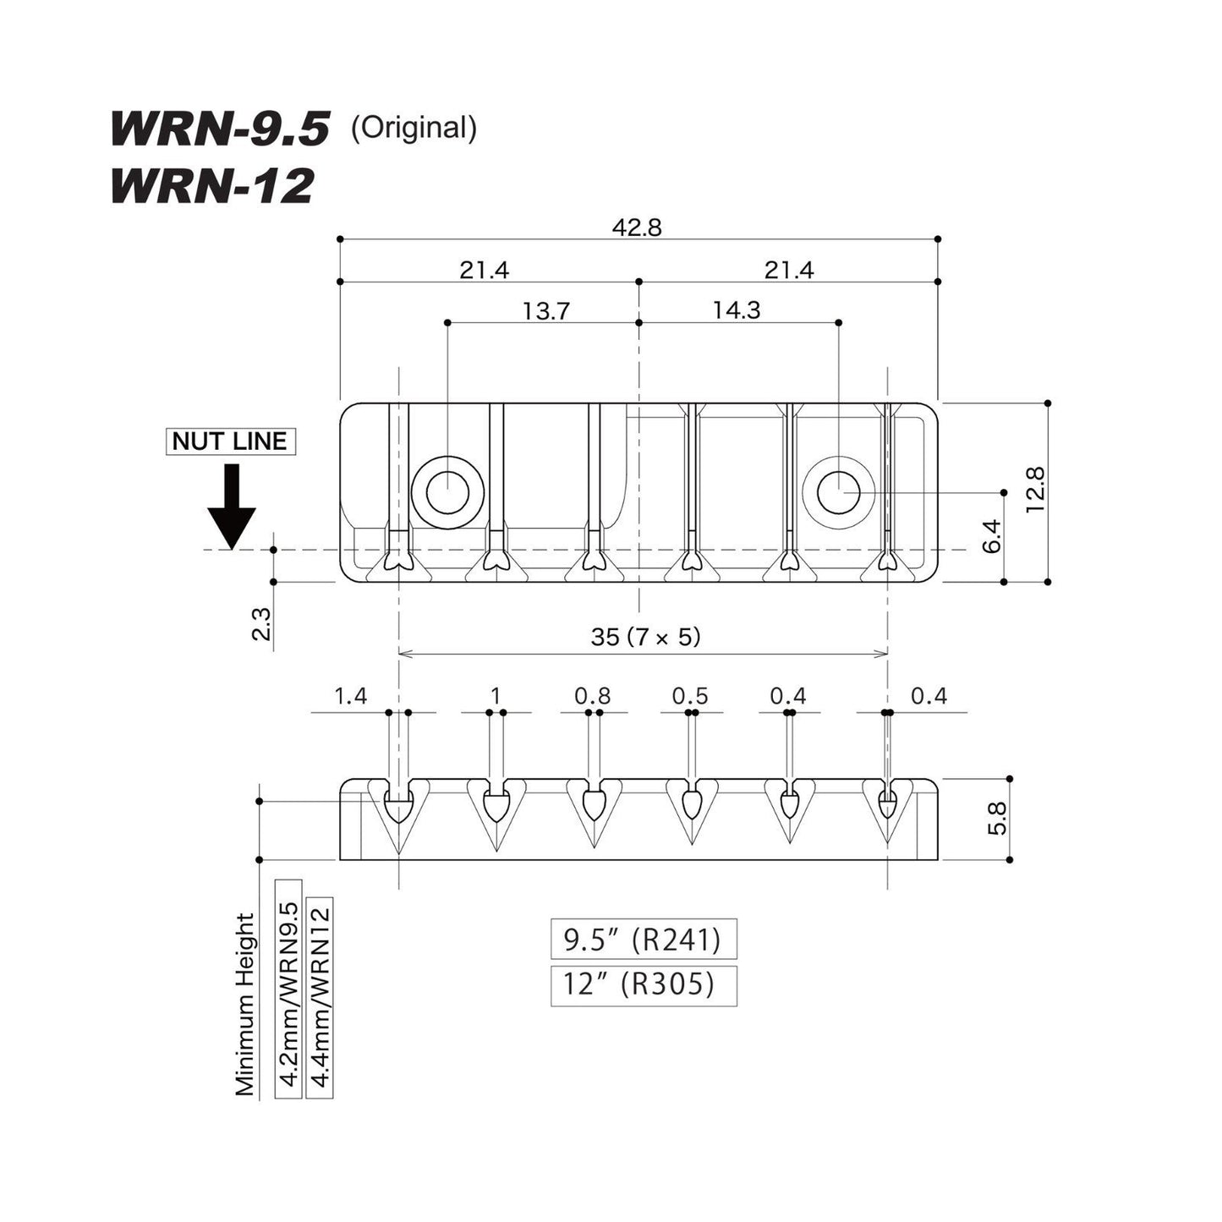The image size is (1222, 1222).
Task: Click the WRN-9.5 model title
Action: click(x=220, y=129)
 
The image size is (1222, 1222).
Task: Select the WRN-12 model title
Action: click(x=212, y=186)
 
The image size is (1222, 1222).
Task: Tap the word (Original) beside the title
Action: click(x=414, y=128)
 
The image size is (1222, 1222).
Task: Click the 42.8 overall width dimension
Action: click(x=637, y=227)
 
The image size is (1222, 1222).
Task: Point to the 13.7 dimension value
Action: click(x=546, y=311)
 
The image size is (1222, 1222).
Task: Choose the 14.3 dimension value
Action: click(x=737, y=310)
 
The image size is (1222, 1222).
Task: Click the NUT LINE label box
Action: click(x=231, y=441)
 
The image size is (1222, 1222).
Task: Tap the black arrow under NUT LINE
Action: click(x=232, y=506)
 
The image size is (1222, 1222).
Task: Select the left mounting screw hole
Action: click(x=447, y=492)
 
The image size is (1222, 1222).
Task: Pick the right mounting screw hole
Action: click(x=838, y=492)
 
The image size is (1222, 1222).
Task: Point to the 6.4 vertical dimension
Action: click(x=992, y=536)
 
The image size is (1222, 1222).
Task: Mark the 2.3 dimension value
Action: click(x=261, y=624)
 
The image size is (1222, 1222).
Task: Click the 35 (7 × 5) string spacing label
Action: click(x=645, y=637)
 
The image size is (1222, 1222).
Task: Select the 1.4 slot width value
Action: click(x=351, y=696)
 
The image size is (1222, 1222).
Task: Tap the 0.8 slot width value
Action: click(x=592, y=696)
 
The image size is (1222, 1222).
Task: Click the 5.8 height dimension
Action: click(x=998, y=819)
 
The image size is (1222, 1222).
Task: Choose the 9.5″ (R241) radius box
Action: click(x=644, y=939)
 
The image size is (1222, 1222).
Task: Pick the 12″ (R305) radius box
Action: click(x=644, y=985)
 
